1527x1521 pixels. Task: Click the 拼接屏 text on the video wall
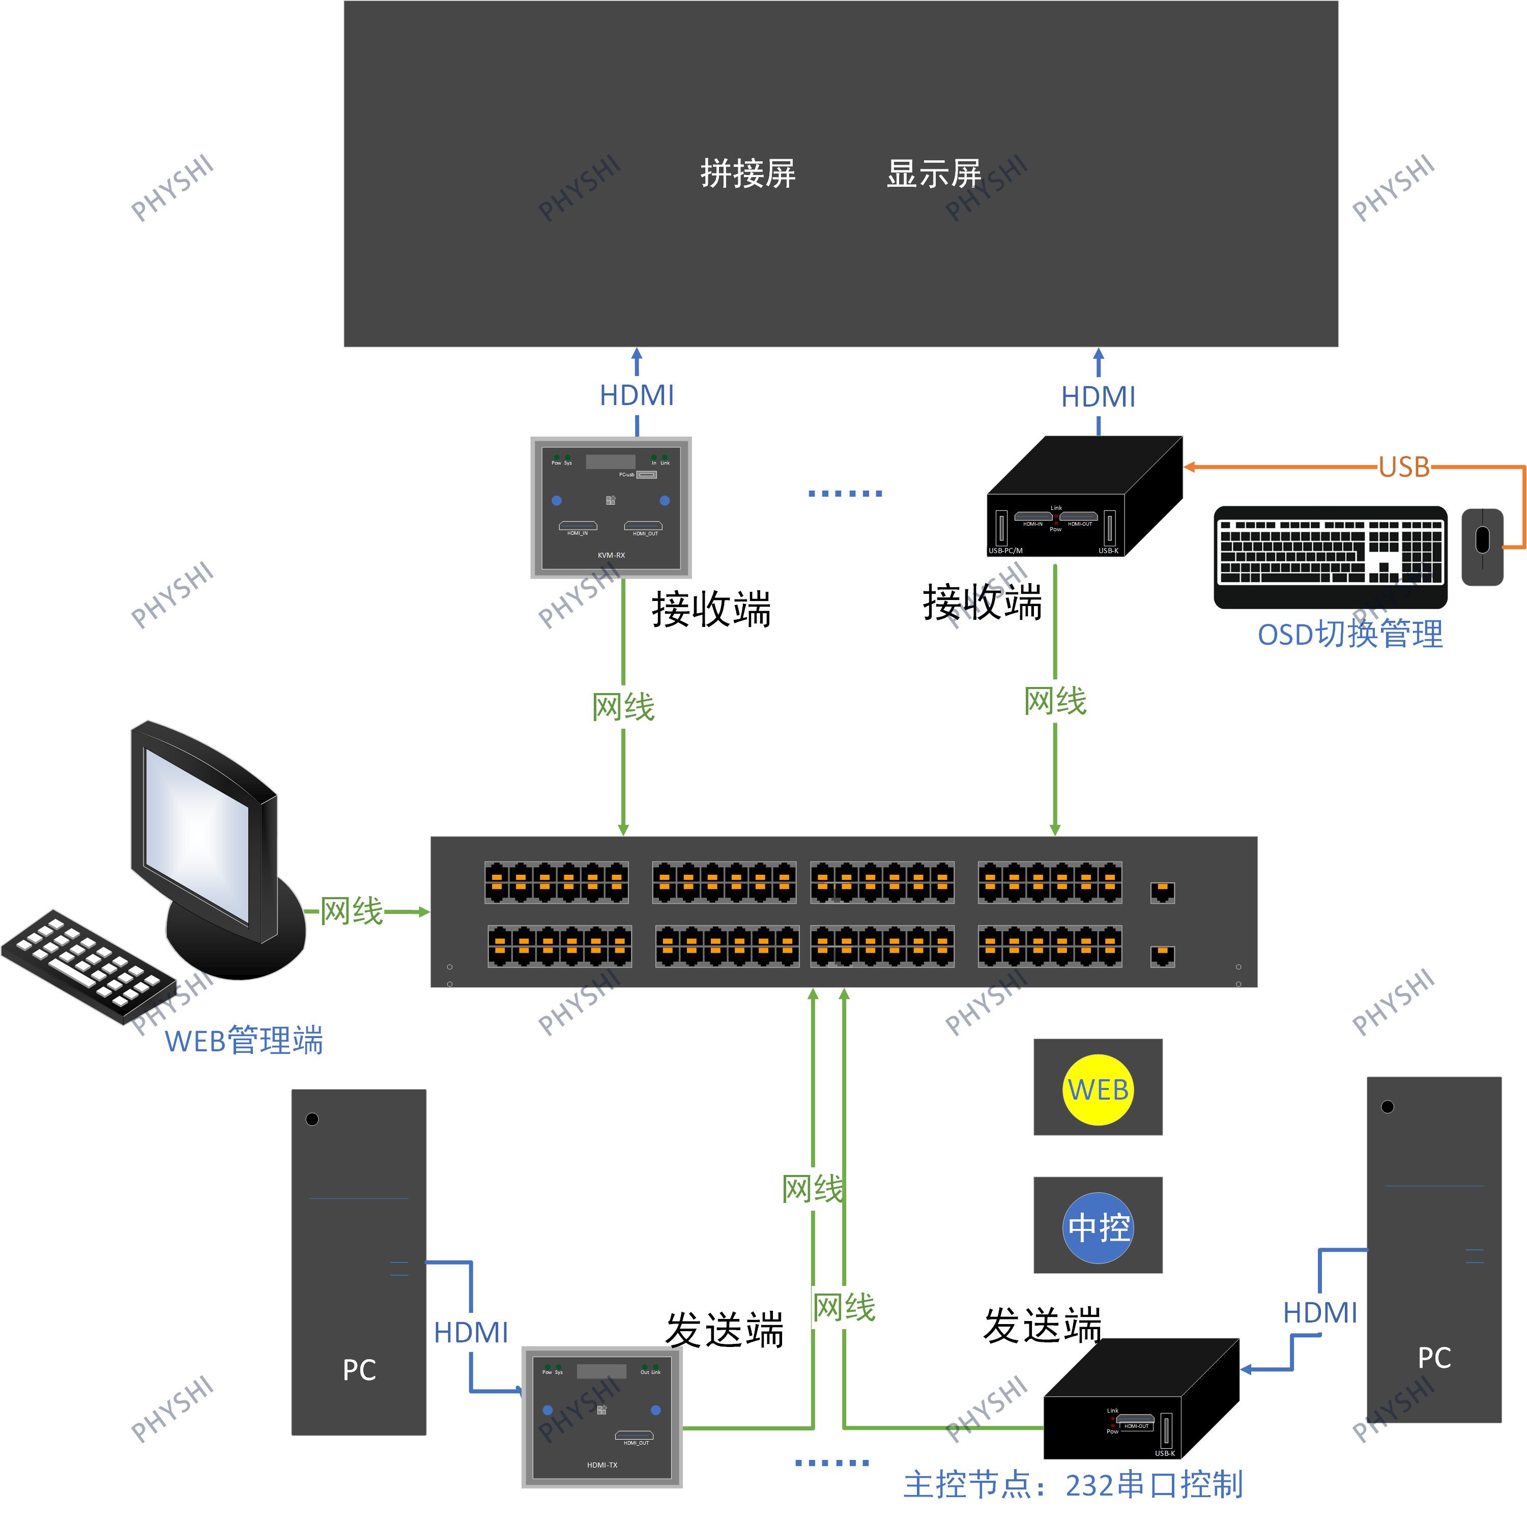(747, 173)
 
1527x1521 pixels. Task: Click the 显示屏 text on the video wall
(933, 173)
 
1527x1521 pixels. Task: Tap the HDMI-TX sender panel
(602, 1417)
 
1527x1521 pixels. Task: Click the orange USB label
(1404, 467)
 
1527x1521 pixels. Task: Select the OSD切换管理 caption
(1350, 634)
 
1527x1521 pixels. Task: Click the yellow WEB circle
(1098, 1089)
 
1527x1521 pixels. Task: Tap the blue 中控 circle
(1098, 1228)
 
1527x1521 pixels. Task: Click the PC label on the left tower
(359, 1370)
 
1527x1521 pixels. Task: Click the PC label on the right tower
(1434, 1357)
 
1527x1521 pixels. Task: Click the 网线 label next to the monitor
(352, 911)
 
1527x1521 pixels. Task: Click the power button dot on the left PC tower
(312, 1118)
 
